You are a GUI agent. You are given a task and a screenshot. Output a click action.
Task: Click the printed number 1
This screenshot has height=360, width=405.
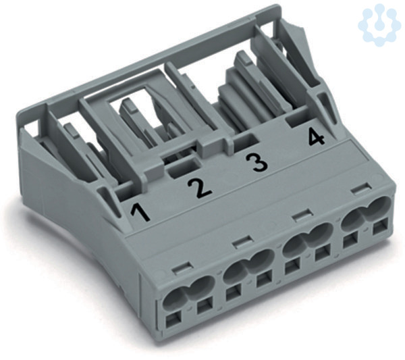[x=141, y=213]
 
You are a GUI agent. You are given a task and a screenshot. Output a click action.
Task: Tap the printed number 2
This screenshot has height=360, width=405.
[x=200, y=188]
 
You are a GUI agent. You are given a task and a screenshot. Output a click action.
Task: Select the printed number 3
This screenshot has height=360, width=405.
[x=256, y=163]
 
